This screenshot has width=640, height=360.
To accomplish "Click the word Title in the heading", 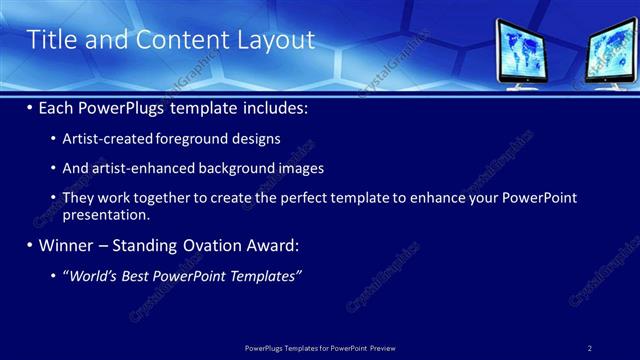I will click(51, 40).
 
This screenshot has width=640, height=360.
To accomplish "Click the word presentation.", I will click(106, 214).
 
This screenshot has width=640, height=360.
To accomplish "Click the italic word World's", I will click(93, 275).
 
